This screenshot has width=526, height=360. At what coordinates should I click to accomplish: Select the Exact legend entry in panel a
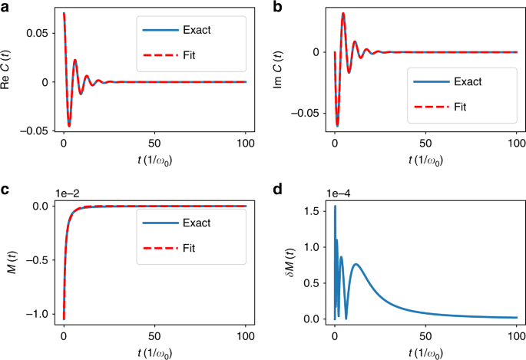[185, 31]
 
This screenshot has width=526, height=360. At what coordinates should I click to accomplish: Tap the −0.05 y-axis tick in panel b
[310, 113]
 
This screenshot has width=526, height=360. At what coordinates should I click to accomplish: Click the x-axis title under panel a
[154, 161]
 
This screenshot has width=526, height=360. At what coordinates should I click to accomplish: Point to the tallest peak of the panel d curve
[335, 206]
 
